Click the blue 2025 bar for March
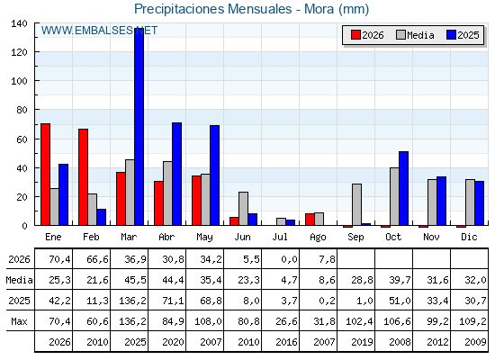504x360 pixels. (x=139, y=127)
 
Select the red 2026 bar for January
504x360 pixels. (x=45, y=175)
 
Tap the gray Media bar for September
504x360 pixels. (x=356, y=204)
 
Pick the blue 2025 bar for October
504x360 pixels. (x=404, y=188)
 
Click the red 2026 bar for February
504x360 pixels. (x=83, y=177)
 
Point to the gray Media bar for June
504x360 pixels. (x=243, y=208)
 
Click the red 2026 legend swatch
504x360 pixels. (x=355, y=35)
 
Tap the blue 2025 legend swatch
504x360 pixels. (x=451, y=35)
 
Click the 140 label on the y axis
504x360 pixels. (x=19, y=23)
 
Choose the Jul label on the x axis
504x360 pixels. (x=280, y=237)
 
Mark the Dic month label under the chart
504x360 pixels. (x=469, y=237)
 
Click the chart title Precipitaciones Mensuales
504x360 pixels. (x=212, y=9)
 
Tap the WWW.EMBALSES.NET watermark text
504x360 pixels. (x=99, y=31)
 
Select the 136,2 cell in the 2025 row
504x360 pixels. (x=133, y=301)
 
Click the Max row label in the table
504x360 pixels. (x=19, y=321)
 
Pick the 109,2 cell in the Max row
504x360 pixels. (x=472, y=321)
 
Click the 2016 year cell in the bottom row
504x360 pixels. (x=286, y=342)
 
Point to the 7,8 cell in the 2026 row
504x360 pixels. (x=328, y=259)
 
